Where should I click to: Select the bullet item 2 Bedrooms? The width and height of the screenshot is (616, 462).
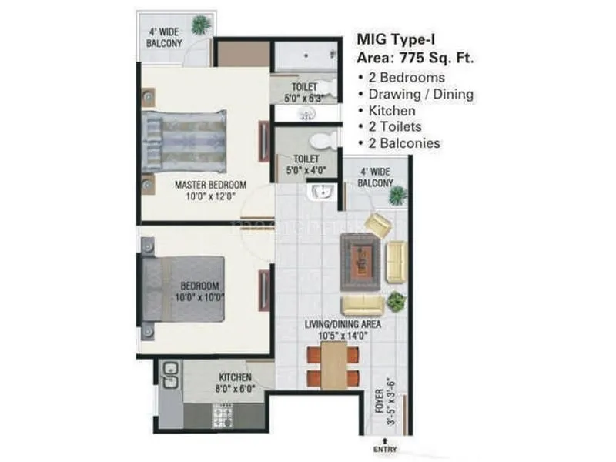point(407,78)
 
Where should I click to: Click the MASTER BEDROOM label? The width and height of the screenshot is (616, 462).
point(210,185)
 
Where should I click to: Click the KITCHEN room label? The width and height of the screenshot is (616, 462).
point(236,377)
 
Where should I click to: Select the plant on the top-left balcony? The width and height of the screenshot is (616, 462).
point(202,25)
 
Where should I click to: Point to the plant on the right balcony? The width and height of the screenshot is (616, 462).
point(397,196)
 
